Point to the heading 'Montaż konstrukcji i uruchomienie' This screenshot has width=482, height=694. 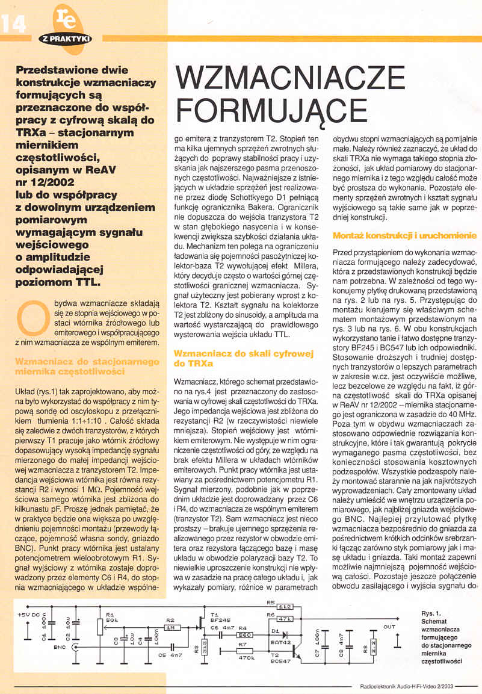pos(404,235)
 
